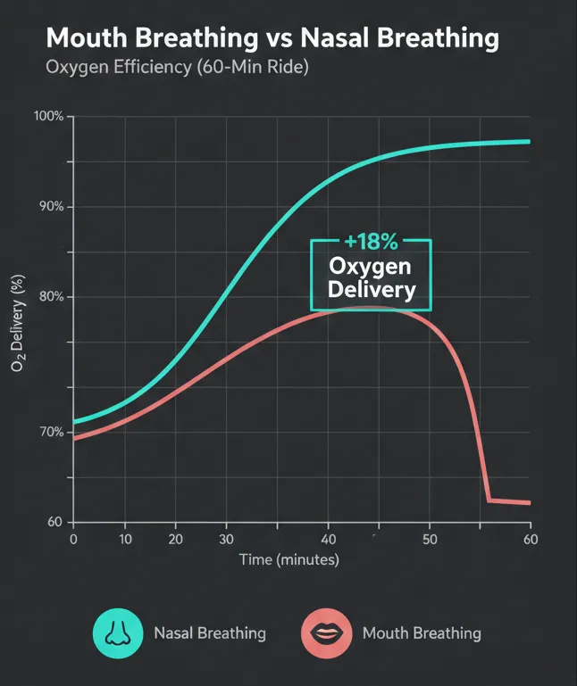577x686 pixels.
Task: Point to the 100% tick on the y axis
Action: coord(48,117)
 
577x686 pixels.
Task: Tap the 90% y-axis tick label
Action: coord(51,207)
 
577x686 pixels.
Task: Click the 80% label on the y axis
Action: coord(51,297)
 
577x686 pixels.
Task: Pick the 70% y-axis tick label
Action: coord(51,433)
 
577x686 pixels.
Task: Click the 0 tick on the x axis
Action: coord(73,539)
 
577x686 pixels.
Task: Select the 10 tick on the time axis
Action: coord(125,539)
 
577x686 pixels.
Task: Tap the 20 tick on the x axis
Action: coord(175,539)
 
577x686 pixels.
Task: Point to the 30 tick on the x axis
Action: coord(226,539)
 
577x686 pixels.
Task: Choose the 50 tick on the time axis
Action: coord(431,539)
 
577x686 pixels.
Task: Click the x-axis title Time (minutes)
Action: coord(288,560)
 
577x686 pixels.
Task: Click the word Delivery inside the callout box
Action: coord(371,289)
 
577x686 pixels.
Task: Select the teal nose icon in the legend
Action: coord(116,633)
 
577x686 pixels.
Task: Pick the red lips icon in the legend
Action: coord(325,633)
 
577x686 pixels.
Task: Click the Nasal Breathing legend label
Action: coord(210,633)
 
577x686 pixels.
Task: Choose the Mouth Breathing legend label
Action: coord(422,633)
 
